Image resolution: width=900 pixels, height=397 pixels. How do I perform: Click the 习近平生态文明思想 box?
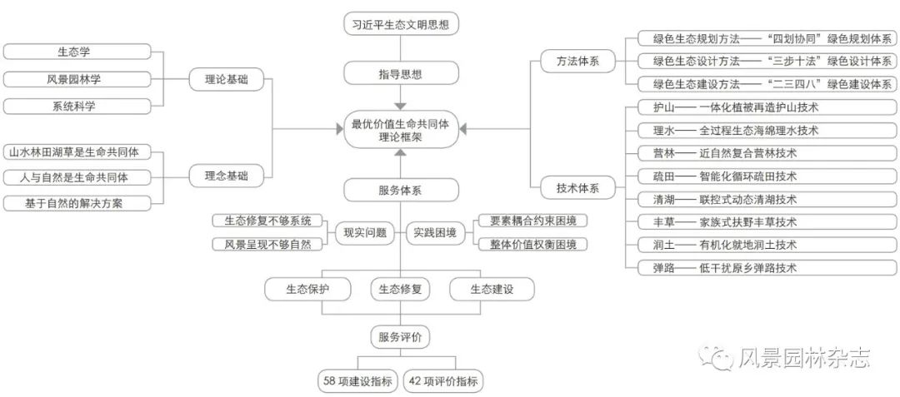(x=400, y=24)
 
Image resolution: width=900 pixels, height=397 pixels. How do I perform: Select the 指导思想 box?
(x=400, y=74)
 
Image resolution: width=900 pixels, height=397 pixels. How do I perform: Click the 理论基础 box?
(x=221, y=81)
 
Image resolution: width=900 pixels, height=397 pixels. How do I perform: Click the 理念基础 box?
(x=221, y=176)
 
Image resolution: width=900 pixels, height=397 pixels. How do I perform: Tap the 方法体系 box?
(x=577, y=62)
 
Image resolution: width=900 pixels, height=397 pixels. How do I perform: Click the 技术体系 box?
(x=577, y=188)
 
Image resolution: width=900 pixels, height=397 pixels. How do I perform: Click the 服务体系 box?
(x=400, y=190)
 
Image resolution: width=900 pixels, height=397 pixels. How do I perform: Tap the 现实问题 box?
(x=365, y=233)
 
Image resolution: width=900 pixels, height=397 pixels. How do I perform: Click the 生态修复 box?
(x=400, y=290)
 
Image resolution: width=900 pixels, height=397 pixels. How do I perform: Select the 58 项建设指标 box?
(x=357, y=382)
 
